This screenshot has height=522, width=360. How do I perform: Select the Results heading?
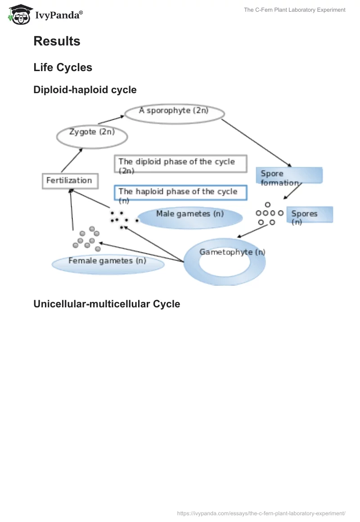tap(57, 41)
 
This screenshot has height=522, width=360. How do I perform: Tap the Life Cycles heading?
tap(63, 67)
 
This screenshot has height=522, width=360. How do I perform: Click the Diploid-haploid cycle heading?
tap(85, 90)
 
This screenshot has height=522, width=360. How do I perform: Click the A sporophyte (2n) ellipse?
tap(174, 112)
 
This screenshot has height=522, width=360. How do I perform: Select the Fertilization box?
tap(69, 180)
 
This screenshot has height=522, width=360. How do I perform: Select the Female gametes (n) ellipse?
tap(108, 264)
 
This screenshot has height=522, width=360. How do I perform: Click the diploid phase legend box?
tap(180, 164)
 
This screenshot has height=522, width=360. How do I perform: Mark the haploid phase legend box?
tap(180, 193)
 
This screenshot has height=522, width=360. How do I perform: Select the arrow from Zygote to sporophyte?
tap(110, 120)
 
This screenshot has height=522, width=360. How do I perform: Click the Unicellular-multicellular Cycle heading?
tap(107, 304)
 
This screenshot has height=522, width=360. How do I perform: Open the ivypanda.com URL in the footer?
tap(261, 513)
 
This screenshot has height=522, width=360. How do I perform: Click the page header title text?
tap(295, 10)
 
